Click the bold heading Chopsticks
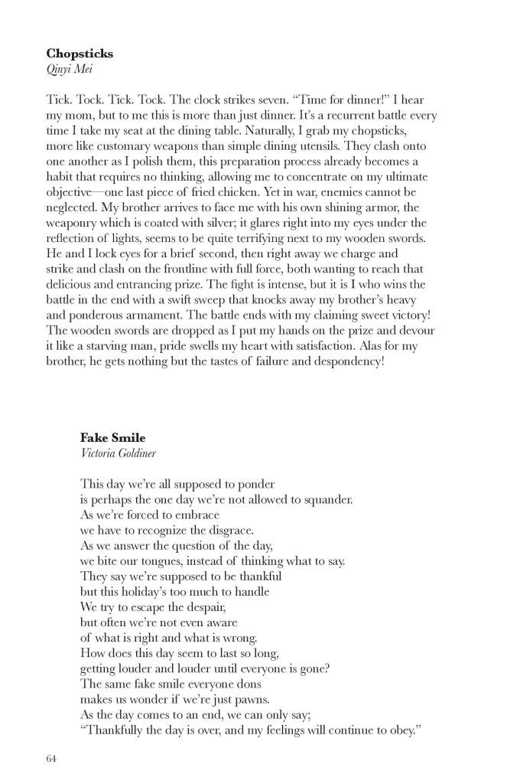pos(80,54)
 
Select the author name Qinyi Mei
pos(70,70)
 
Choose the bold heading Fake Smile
pos(112,438)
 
